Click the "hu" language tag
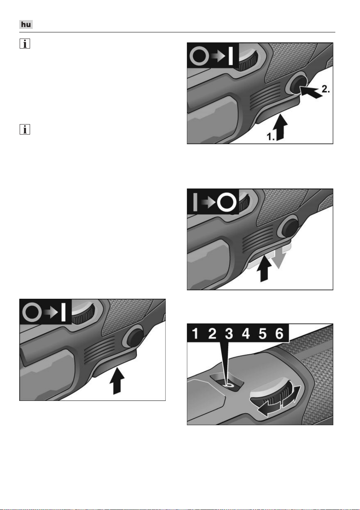coord(26,24)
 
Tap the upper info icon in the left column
coord(25,44)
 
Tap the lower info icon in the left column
coord(25,129)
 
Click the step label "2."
coord(326,89)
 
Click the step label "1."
coord(271,136)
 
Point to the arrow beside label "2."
coord(311,92)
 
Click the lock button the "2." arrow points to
coord(297,84)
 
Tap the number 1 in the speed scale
coord(195,334)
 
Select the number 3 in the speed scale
coord(229,334)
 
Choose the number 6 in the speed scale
coord(279,334)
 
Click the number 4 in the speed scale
coord(246,334)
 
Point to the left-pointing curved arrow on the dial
coord(269,409)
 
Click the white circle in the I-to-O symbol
coord(227,202)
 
